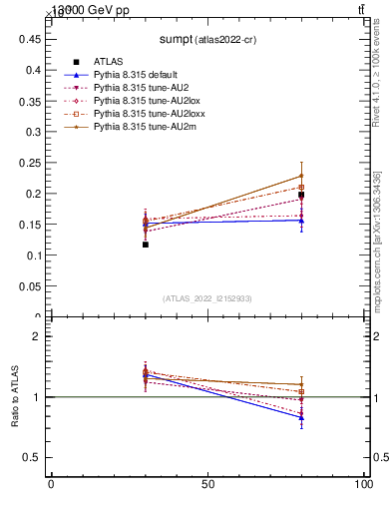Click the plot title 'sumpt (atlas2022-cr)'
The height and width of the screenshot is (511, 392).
tap(207, 40)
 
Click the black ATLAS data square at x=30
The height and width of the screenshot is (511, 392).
tap(146, 245)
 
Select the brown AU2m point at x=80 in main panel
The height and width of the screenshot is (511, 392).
tap(301, 176)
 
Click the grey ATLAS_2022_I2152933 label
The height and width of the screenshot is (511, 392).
tap(207, 298)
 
